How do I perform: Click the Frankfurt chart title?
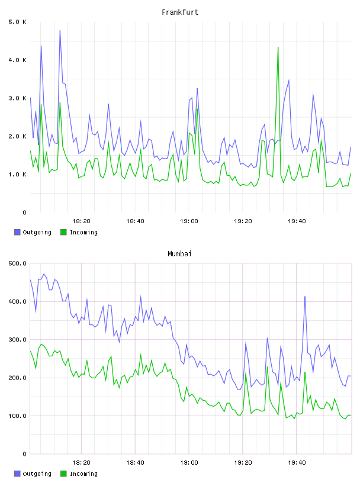(180, 12)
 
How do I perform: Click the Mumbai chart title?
(179, 254)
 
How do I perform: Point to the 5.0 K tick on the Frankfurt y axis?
(17, 22)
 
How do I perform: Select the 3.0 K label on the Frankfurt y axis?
(17, 98)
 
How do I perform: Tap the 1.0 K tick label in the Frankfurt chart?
(17, 175)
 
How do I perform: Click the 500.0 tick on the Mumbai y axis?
(17, 263)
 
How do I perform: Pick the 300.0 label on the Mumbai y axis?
(17, 340)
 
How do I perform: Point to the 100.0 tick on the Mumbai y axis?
(17, 416)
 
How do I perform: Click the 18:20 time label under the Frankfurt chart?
(81, 221)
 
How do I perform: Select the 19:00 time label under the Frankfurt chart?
(189, 221)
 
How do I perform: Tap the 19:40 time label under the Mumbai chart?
(297, 463)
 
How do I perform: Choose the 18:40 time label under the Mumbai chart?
(135, 463)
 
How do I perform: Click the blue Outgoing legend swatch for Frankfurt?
(17, 232)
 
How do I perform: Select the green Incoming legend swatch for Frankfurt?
(63, 232)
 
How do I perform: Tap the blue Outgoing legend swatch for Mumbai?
(17, 474)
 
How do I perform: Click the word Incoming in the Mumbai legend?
(83, 474)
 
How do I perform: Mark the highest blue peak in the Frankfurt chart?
(60, 31)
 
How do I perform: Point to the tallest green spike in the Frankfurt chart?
(278, 47)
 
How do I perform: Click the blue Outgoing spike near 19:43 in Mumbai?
(305, 297)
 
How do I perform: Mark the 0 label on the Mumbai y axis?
(24, 454)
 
